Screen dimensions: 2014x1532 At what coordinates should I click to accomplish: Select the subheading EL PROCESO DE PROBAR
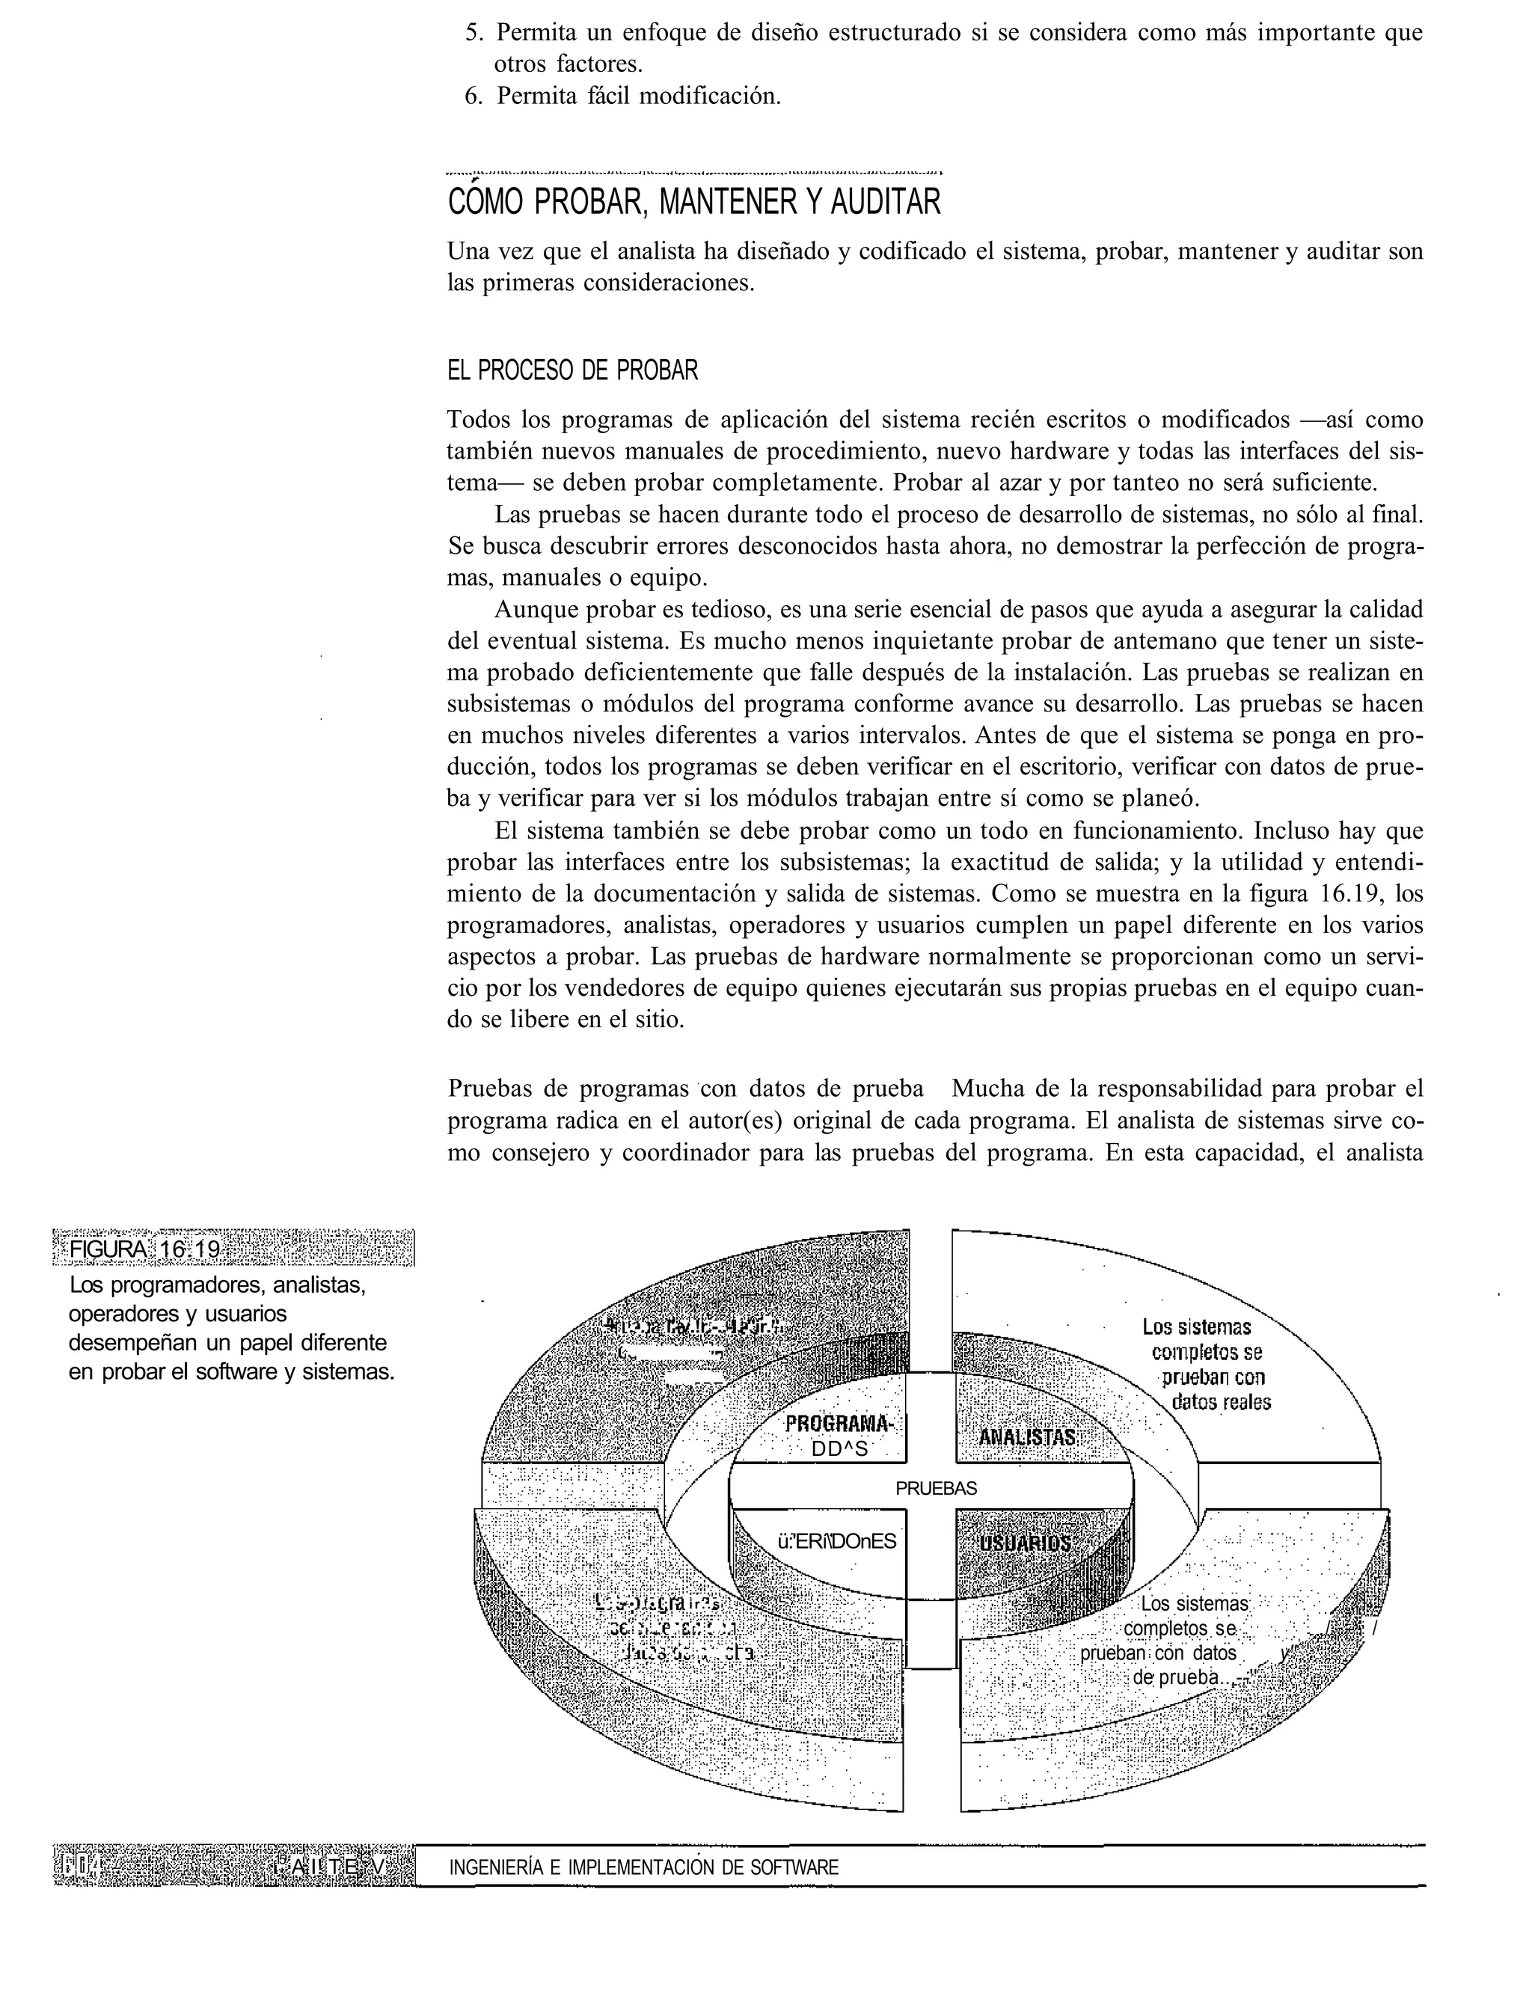tap(573, 371)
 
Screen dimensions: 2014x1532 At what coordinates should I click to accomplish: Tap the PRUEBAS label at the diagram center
tap(936, 1489)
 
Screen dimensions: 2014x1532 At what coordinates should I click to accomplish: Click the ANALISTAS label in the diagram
tap(1028, 1437)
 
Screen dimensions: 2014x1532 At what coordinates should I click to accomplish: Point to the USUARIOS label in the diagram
tap(1024, 1543)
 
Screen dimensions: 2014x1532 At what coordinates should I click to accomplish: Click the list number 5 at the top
tap(472, 34)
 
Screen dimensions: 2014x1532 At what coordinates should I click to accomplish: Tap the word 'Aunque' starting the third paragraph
tap(533, 609)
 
